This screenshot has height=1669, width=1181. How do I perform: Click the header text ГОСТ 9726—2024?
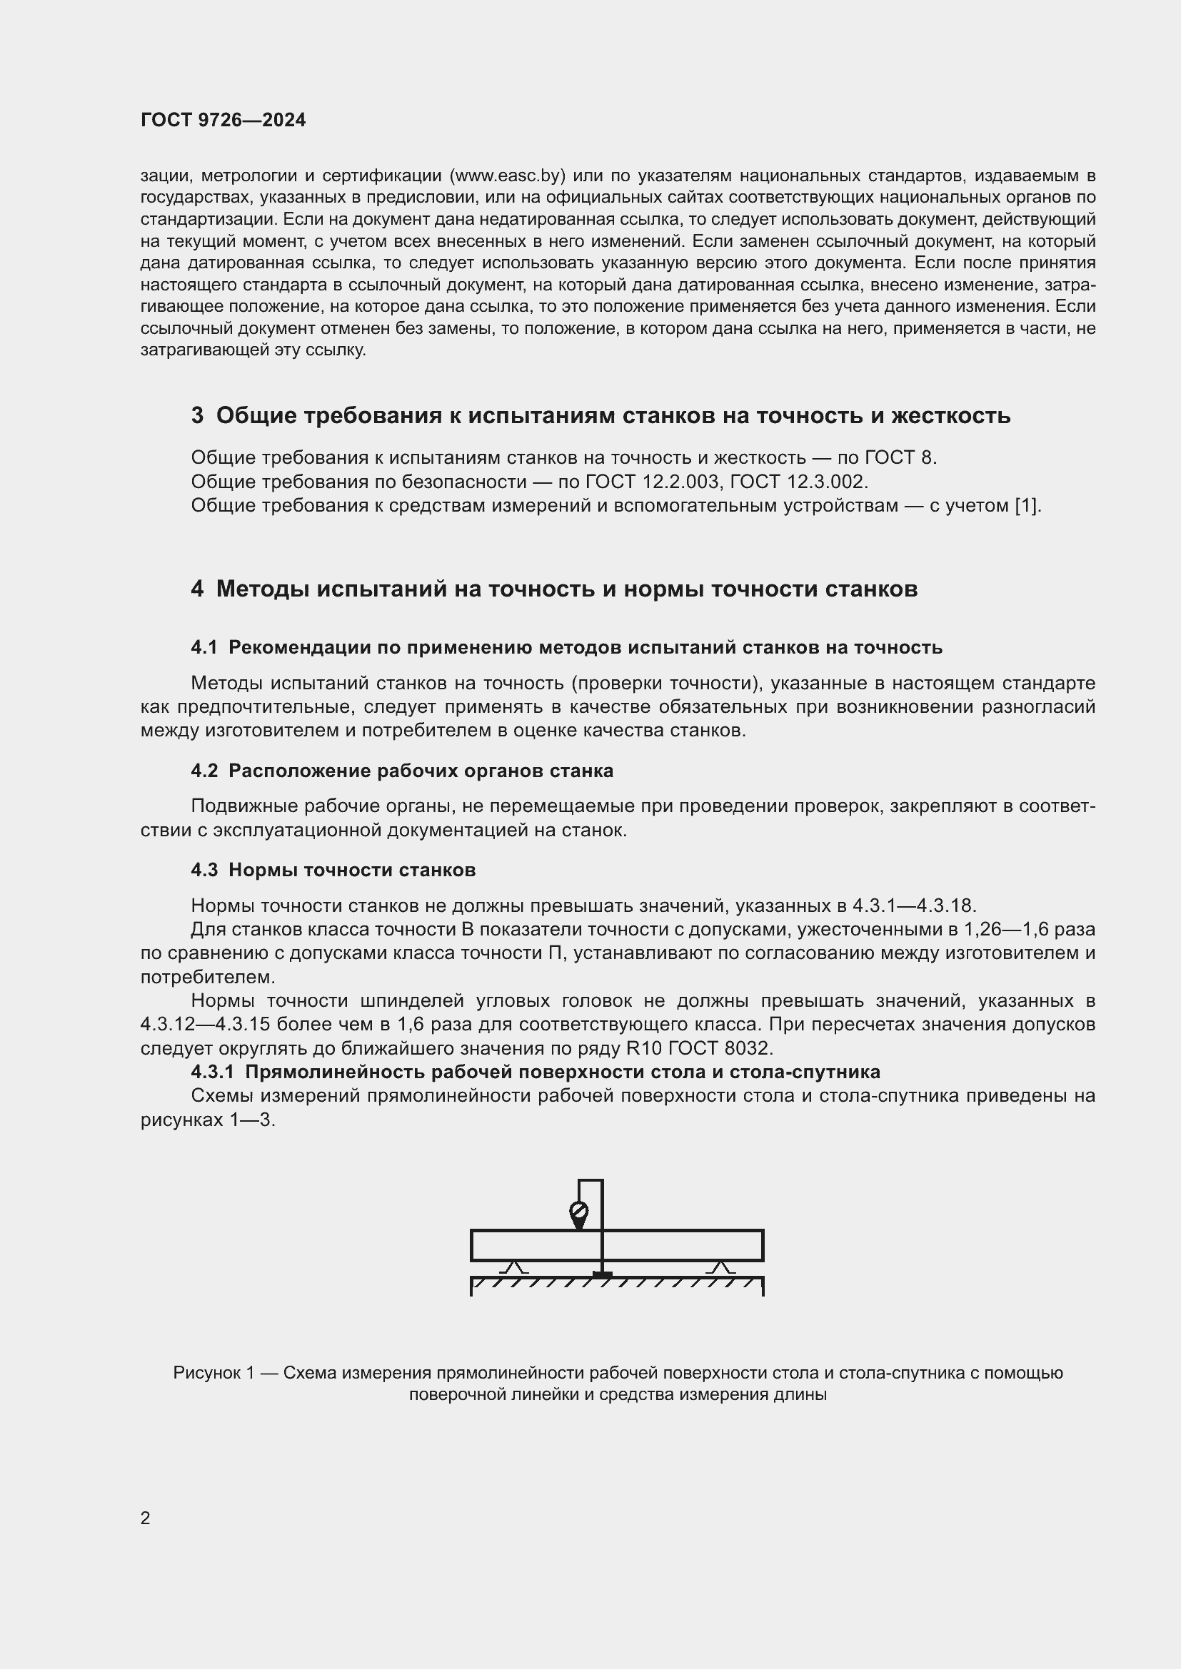(x=223, y=120)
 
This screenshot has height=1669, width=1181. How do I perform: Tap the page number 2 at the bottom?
(x=146, y=1518)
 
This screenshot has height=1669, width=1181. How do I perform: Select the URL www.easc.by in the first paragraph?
(x=508, y=176)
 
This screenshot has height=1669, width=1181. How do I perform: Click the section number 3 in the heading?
(x=197, y=416)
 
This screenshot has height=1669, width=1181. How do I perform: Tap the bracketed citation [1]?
(x=1027, y=506)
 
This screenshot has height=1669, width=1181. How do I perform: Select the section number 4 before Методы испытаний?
(x=197, y=589)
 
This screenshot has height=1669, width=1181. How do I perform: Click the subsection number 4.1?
(x=203, y=648)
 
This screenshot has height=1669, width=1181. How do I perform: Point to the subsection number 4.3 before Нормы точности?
(x=203, y=870)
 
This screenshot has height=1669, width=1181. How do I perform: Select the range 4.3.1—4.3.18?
(x=913, y=905)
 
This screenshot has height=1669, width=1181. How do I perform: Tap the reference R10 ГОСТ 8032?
(x=698, y=1049)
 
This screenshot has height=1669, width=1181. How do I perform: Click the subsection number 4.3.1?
(x=212, y=1072)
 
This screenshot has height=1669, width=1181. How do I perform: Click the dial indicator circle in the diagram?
(x=579, y=1212)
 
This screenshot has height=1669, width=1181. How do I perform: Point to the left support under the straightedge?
(x=516, y=1268)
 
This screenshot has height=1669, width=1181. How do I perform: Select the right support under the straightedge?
(x=720, y=1268)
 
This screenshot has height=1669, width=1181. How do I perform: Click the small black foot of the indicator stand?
(x=602, y=1274)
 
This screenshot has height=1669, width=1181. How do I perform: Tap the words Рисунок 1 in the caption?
(x=213, y=1373)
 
